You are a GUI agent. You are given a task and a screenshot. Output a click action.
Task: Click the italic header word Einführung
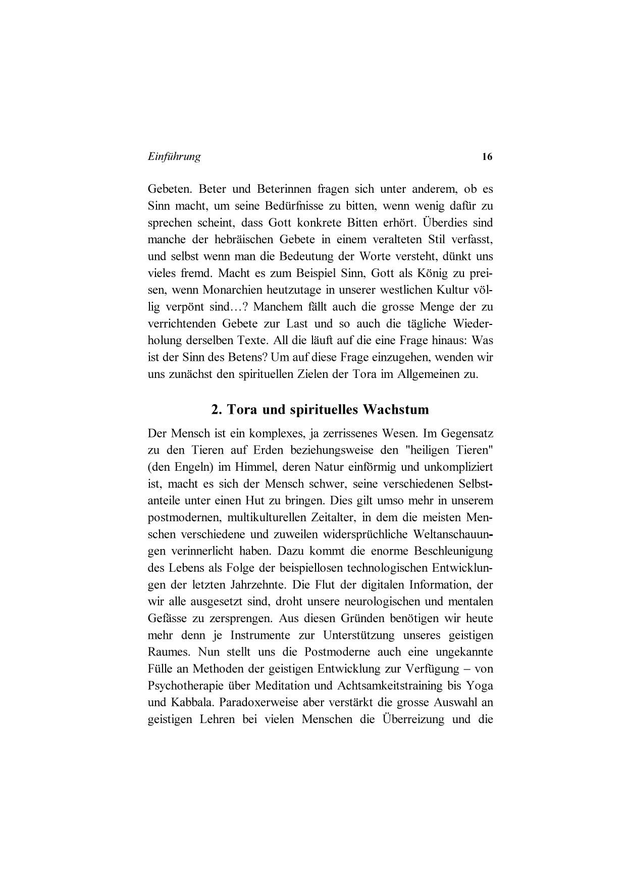174,156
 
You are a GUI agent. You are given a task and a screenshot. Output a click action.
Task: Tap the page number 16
487,157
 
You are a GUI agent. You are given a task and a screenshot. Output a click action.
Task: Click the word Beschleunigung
453,551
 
